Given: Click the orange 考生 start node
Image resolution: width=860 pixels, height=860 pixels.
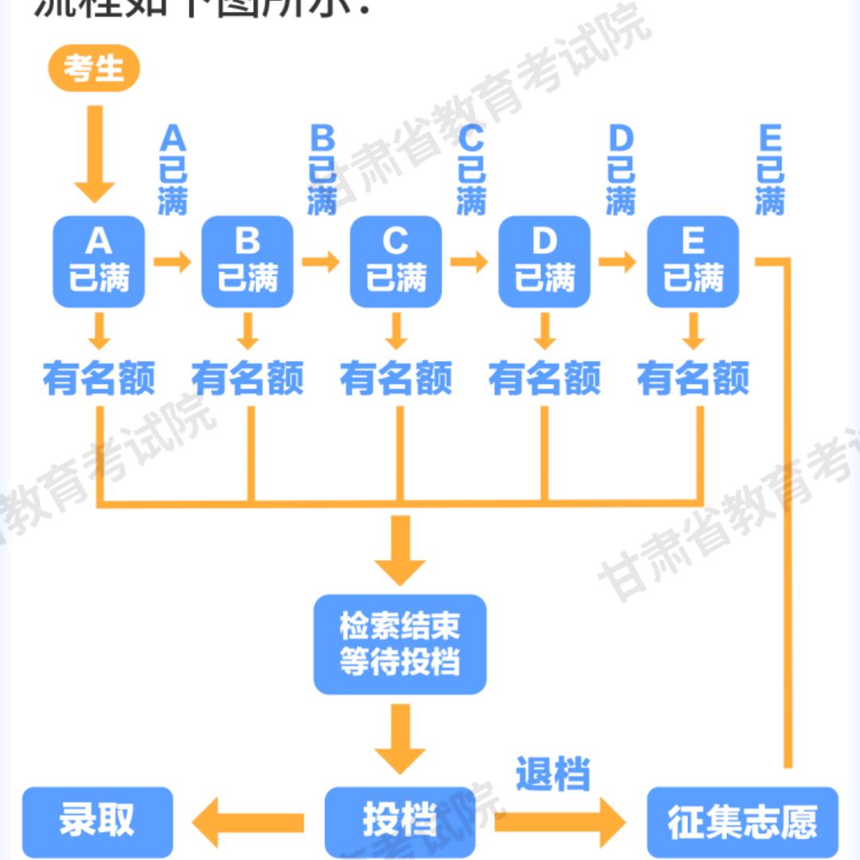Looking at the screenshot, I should (x=94, y=68).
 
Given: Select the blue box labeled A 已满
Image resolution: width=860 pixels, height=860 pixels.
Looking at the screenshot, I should (x=99, y=261).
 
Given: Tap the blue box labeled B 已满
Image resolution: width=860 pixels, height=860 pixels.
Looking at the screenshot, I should (x=248, y=261).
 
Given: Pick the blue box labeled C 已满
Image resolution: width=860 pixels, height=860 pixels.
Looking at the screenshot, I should (x=396, y=261).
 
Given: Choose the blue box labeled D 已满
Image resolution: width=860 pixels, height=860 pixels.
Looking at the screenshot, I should (x=545, y=261).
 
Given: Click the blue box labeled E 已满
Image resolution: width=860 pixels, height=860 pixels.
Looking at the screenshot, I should (x=693, y=261).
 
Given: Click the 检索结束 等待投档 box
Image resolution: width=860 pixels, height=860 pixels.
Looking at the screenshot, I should (x=400, y=643).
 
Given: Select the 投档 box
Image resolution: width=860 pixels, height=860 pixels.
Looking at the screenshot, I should (x=400, y=821).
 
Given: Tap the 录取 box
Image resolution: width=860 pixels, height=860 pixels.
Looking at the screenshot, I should (x=97, y=821).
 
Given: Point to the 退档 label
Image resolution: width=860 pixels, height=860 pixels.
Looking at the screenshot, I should (x=553, y=773).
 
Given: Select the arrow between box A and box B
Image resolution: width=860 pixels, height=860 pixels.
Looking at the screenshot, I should (x=173, y=261).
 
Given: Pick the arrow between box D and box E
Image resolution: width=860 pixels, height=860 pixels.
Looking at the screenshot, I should (x=618, y=261).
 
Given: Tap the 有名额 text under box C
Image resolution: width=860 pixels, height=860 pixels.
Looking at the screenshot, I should (x=396, y=377).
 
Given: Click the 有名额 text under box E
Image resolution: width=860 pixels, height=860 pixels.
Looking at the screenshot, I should (x=693, y=377).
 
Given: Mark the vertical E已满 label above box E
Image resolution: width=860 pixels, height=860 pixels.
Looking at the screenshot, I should (x=770, y=171).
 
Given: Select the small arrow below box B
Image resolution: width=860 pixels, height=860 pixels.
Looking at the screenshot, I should (x=248, y=331).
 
